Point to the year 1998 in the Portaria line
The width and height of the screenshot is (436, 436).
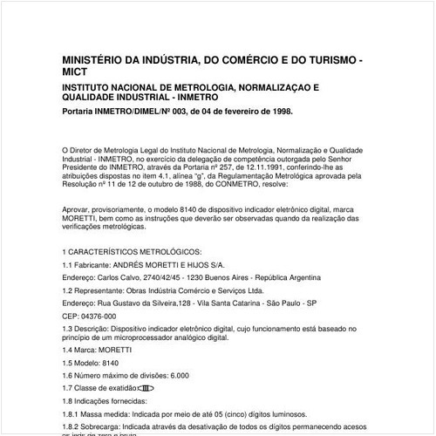pos(278,112)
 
